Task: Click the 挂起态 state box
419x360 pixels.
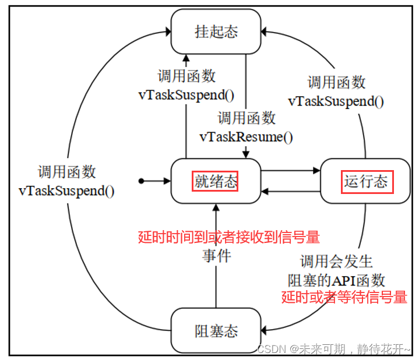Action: point(216,31)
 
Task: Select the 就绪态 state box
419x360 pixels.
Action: point(216,182)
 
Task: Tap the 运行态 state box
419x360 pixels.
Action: point(366,182)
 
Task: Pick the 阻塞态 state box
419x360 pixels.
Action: point(216,331)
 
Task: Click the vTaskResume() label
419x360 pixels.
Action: point(247,137)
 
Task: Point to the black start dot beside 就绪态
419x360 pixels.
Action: point(141,182)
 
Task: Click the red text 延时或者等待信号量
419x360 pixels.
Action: point(344,297)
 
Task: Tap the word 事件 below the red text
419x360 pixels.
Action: point(216,255)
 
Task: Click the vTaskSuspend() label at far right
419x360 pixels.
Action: point(336,101)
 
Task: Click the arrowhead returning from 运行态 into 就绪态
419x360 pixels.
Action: point(265,191)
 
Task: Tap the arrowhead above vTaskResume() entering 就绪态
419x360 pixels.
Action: point(246,154)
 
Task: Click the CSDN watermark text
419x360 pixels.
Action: point(334,349)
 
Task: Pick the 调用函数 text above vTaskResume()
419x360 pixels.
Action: point(247,118)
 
